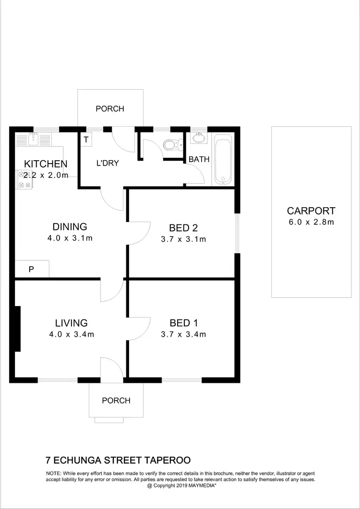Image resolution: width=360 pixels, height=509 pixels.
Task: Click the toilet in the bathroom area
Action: [x=170, y=144]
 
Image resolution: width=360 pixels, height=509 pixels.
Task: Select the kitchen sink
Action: [x=32, y=139]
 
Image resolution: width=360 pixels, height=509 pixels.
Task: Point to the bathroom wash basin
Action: [x=198, y=139]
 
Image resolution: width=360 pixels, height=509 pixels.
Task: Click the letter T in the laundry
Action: [x=86, y=140]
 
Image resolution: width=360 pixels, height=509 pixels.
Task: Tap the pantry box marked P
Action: [x=31, y=269]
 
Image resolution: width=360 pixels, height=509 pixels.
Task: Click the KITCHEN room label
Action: [x=46, y=164]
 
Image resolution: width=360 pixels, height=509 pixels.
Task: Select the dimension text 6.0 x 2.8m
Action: [x=311, y=222]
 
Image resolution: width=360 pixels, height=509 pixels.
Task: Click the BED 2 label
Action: [x=183, y=227]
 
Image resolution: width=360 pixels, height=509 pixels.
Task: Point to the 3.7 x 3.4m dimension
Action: [x=183, y=334]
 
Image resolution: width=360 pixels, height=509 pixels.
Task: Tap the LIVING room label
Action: [x=71, y=323]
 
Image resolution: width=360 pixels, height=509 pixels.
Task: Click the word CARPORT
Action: [x=311, y=211]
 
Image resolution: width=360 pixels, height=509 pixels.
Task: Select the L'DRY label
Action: [x=108, y=163]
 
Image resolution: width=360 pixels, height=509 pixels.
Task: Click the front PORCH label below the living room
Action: [x=116, y=400]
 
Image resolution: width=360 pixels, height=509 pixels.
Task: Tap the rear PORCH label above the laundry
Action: [x=110, y=108]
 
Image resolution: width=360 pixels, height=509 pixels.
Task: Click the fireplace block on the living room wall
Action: [x=18, y=329]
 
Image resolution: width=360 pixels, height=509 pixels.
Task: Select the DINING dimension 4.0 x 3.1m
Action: [x=70, y=237]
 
